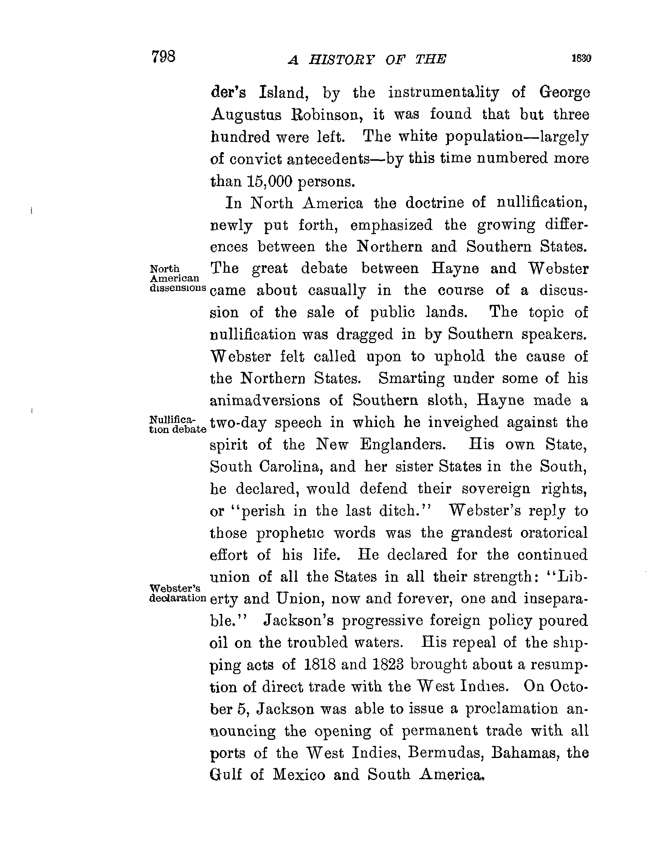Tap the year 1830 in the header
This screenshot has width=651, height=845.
(x=581, y=58)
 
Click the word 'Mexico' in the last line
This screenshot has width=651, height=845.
(x=299, y=774)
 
